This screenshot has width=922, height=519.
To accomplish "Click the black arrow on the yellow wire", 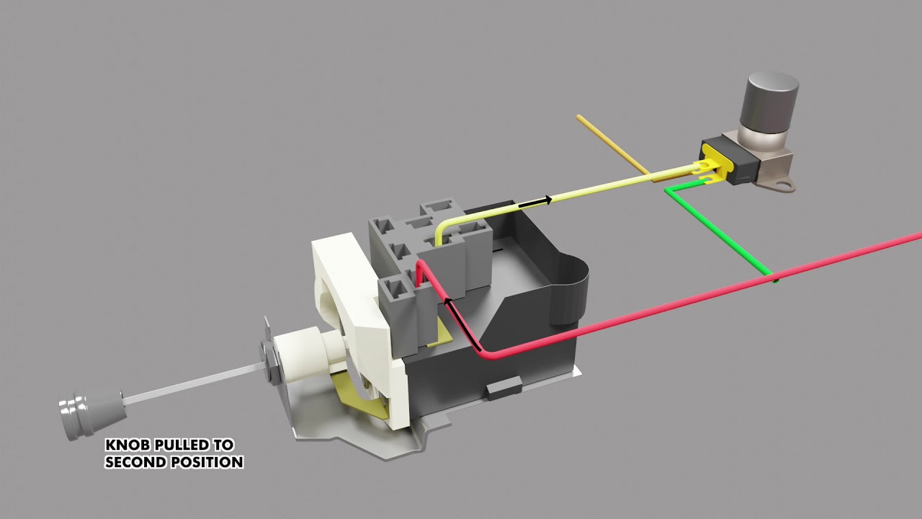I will click(x=535, y=201).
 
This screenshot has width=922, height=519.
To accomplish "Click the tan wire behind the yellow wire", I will click(x=612, y=143).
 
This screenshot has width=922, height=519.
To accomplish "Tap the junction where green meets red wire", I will click(x=773, y=276).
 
